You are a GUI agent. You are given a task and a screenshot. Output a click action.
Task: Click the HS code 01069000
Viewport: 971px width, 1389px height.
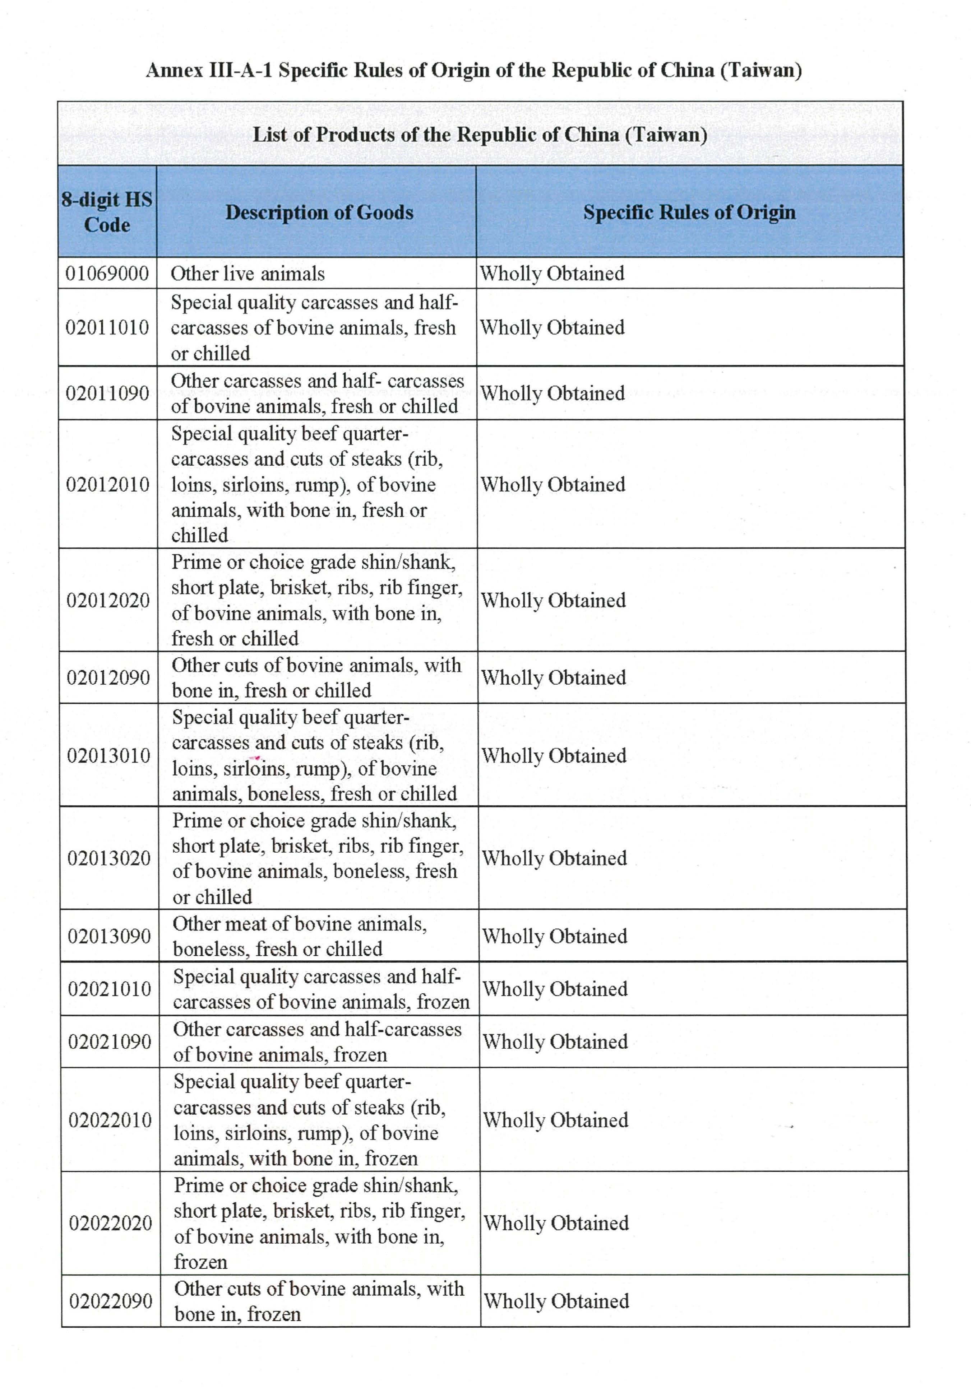107,274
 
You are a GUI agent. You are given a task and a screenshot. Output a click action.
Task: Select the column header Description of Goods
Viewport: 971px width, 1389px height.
319,212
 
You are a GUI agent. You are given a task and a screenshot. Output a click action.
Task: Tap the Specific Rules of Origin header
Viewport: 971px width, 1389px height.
689,212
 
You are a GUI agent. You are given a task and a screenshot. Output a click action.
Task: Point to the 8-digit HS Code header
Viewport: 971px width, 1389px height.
107,212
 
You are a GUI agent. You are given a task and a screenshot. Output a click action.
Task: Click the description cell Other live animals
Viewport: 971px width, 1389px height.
248,274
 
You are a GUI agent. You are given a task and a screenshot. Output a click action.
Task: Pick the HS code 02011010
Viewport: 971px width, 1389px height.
107,327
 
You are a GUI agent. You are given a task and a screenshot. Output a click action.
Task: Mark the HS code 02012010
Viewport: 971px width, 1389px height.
108,484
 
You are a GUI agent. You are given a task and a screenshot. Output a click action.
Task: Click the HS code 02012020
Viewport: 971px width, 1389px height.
108,600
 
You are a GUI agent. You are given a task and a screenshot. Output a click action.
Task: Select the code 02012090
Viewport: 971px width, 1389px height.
108,677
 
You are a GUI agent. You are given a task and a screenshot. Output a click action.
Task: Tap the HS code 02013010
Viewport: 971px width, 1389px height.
109,755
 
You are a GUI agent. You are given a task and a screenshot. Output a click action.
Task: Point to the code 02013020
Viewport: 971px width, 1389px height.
109,858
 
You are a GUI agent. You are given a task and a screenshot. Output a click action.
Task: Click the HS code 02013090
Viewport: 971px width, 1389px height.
110,936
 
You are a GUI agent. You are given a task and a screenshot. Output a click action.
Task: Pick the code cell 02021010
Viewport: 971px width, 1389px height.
110,988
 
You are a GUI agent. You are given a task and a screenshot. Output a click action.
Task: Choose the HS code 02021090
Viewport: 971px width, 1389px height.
110,1041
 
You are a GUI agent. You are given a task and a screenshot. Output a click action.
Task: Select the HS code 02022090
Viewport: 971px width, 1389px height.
111,1301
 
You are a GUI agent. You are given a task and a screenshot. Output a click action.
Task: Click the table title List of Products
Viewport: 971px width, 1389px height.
480,134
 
